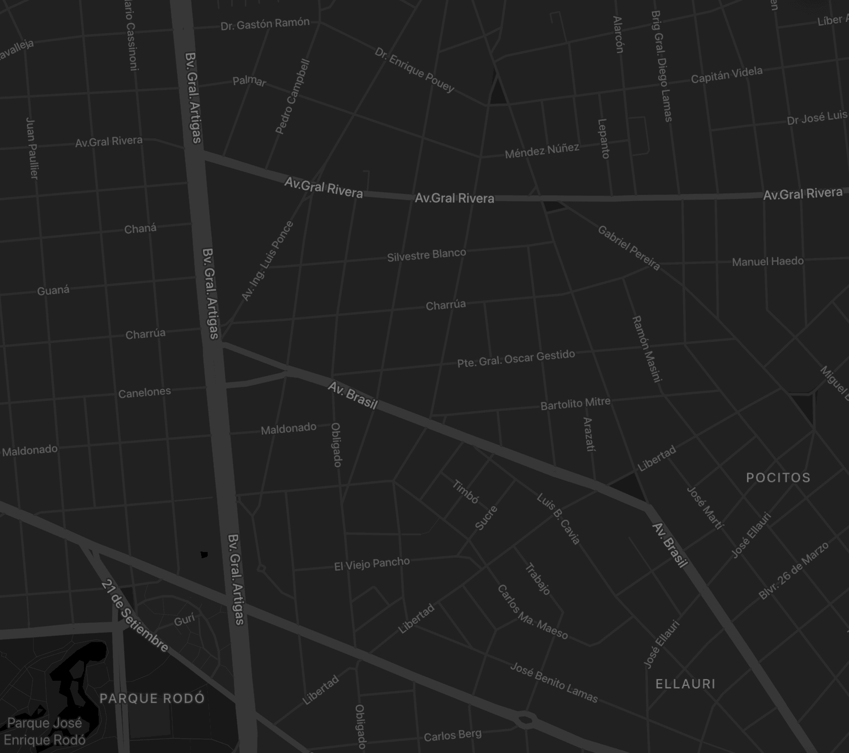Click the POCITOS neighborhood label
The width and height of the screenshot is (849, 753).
[778, 478]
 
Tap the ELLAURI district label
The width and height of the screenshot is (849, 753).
[685, 684]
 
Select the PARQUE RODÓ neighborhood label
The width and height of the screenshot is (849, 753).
[152, 698]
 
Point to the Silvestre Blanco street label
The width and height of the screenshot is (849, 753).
[427, 255]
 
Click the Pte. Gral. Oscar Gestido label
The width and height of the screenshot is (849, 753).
[516, 358]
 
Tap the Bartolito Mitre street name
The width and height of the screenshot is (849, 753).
[575, 404]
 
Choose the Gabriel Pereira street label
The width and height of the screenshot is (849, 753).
[629, 248]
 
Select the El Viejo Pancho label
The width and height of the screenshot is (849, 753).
[372, 564]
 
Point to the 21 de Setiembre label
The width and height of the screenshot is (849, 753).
[134, 616]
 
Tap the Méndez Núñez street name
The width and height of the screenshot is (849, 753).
[542, 151]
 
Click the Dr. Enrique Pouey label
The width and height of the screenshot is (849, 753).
[414, 70]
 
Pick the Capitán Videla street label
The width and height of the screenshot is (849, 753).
[726, 75]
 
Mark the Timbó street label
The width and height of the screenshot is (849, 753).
[465, 492]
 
